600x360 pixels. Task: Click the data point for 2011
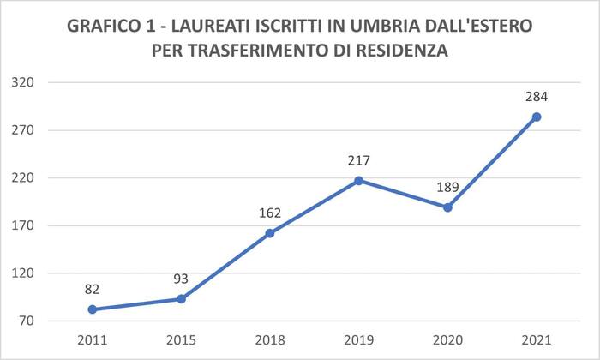point(93,309)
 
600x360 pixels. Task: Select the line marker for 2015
point(181,299)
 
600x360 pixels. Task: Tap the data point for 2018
point(270,233)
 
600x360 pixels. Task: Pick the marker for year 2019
point(359,180)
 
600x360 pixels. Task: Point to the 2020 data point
point(447,207)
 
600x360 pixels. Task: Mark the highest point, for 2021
point(537,117)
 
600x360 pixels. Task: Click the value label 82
point(93,290)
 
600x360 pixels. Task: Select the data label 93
point(181,279)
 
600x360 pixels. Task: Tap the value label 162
point(270,213)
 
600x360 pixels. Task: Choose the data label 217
point(359,160)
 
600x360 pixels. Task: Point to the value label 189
point(447,188)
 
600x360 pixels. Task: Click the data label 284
point(537,97)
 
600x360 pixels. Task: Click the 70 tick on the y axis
point(26,321)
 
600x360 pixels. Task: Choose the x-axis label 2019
point(359,339)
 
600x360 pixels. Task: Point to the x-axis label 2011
point(93,339)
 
